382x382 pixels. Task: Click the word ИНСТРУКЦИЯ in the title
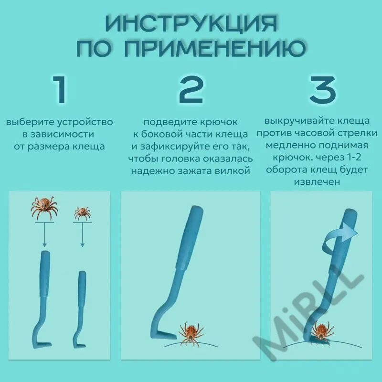point(192,24)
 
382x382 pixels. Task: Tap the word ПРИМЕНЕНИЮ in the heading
point(215,48)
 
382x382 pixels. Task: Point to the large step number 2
point(191,89)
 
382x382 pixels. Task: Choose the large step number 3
point(323,89)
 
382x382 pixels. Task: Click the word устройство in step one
point(85,122)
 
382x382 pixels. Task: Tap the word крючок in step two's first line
point(219,122)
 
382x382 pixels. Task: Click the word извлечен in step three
point(317,182)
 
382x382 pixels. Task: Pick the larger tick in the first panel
point(44,208)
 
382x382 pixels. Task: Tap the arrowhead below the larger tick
point(44,244)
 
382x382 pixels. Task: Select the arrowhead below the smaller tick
point(82,244)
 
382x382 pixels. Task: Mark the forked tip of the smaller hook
point(82,345)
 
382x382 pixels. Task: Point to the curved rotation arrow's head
point(350,232)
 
